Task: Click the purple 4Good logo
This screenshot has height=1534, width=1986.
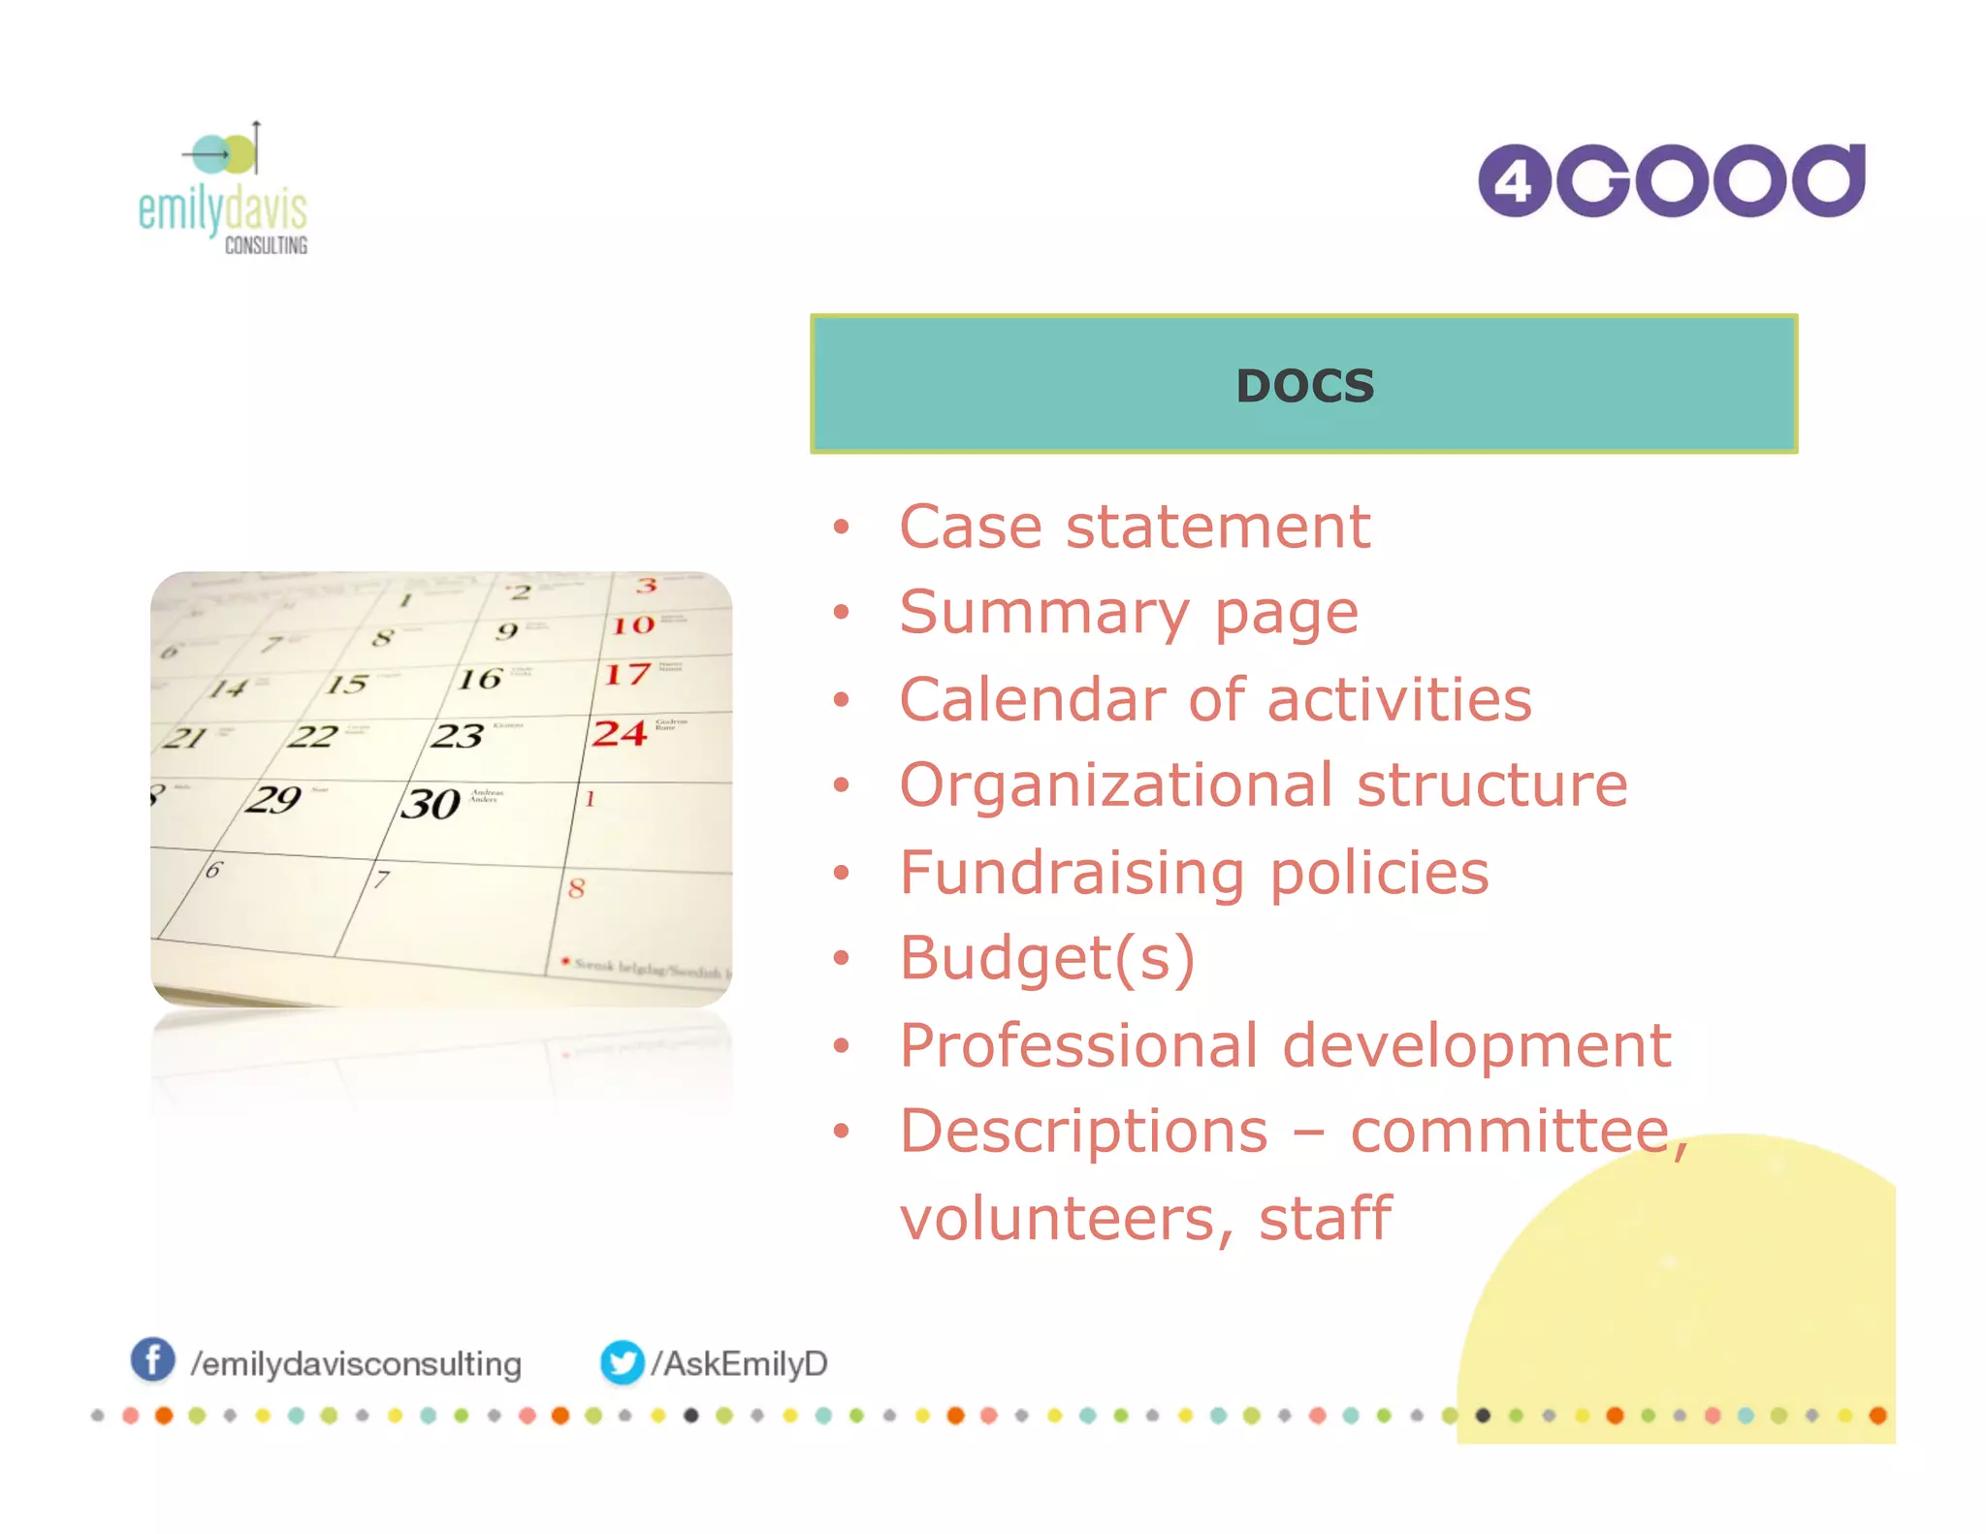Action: [x=1671, y=180]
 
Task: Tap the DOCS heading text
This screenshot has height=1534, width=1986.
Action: [x=1304, y=386]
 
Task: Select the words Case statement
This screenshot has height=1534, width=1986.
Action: [x=1134, y=527]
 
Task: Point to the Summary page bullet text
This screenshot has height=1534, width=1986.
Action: [x=1128, y=614]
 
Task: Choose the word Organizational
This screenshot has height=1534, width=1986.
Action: [x=1115, y=784]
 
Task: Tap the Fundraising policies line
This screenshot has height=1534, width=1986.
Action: [x=1193, y=872]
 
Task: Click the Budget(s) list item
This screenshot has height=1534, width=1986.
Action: [x=1046, y=958]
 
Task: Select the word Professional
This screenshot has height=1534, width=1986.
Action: [x=1080, y=1045]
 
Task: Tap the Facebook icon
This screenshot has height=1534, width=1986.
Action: [x=153, y=1359]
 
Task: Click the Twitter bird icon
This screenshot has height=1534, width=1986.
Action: [x=622, y=1362]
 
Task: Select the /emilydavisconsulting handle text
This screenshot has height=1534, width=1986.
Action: [x=356, y=1364]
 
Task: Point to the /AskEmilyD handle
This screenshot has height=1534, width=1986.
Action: [x=739, y=1363]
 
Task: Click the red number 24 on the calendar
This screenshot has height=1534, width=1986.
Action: [x=619, y=733]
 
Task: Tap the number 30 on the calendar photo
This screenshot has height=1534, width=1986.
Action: [x=430, y=804]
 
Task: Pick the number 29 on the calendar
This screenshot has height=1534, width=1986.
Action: [x=272, y=799]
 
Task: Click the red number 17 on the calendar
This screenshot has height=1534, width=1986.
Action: [x=625, y=674]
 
